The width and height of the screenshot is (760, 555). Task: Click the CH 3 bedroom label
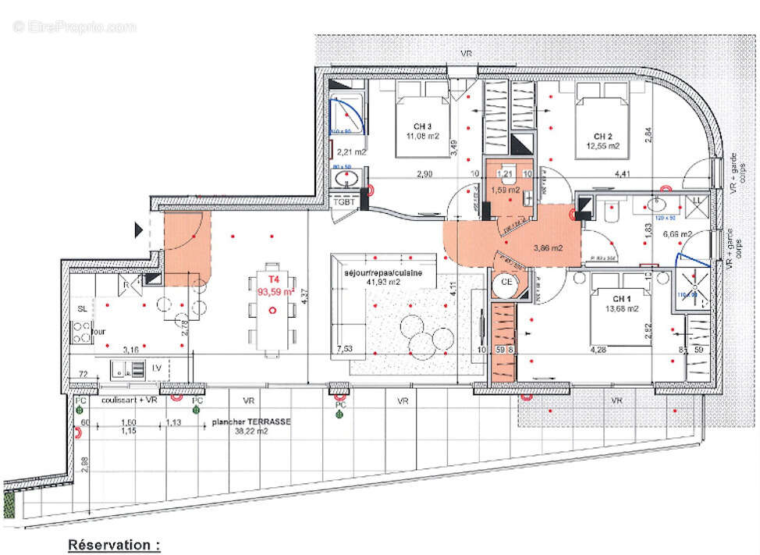click(x=424, y=126)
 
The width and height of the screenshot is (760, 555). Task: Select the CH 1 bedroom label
click(x=622, y=299)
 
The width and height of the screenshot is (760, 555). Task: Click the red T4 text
click(x=273, y=279)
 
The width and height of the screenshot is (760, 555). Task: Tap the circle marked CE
click(x=506, y=282)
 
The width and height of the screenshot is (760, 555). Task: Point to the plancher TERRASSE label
click(x=251, y=421)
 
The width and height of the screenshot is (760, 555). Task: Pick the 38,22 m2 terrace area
click(x=251, y=430)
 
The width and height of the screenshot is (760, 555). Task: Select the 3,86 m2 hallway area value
click(x=549, y=248)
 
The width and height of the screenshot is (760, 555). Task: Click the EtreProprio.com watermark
click(x=75, y=27)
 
